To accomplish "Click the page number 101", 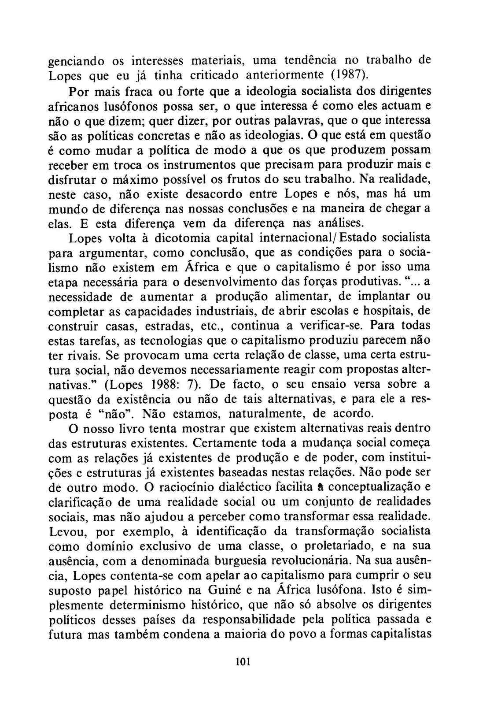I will (243, 661).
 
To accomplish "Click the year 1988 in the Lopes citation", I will (158, 384).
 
